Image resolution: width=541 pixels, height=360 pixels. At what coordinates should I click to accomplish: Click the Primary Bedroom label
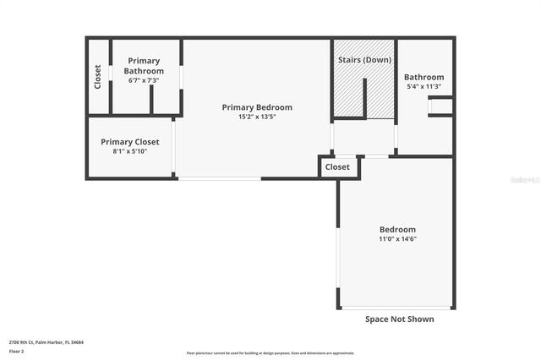coord(257,107)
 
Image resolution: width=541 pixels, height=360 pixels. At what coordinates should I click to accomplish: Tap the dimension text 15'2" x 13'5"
coord(257,117)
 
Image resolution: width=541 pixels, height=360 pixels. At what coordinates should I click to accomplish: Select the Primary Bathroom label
coord(145,65)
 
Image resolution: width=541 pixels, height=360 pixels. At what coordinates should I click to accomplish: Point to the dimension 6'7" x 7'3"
coord(145,79)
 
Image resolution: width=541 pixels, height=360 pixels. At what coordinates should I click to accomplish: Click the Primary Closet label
coord(129,142)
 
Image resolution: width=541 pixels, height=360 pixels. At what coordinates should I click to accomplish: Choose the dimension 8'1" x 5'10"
coord(129,151)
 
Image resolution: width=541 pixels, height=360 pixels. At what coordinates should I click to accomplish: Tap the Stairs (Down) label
coord(364,61)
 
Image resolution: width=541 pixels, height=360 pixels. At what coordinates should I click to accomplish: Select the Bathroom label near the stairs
coord(424,77)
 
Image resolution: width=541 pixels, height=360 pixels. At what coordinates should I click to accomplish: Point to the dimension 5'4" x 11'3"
coord(424,87)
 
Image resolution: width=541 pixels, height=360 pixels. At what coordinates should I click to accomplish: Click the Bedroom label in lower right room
coord(396,230)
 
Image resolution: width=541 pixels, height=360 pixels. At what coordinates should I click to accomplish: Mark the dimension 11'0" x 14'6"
coord(396,239)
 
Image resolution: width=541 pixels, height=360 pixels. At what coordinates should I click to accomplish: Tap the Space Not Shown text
coord(399,319)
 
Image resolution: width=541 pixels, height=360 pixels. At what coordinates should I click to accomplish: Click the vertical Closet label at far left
coord(98,77)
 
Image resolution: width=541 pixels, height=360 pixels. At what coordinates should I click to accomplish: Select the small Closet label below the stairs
coord(337,167)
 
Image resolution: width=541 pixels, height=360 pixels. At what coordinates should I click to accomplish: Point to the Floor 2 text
coord(17,351)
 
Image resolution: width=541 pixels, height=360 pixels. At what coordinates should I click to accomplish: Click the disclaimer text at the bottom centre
coord(270,353)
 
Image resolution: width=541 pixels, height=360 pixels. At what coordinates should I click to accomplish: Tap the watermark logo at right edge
coord(528,180)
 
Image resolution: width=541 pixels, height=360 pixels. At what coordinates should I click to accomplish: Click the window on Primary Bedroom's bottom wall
coord(219,178)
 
